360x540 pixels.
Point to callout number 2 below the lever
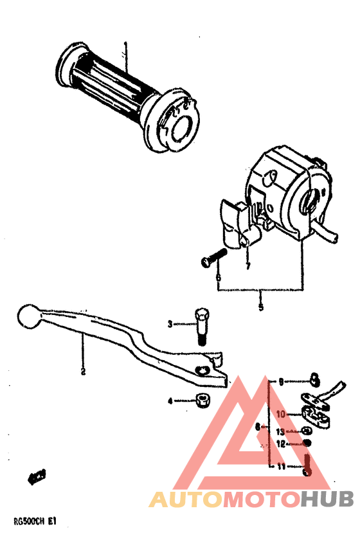tap(83, 371)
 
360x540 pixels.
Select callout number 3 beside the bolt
tap(171, 324)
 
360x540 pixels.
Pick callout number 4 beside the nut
tap(170, 401)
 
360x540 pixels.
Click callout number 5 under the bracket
tap(260, 307)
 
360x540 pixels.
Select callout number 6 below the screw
tap(218, 278)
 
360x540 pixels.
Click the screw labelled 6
tap(213, 259)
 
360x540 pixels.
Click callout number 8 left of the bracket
tap(258, 426)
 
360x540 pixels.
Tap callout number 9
tap(280, 381)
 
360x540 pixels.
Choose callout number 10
tap(281, 415)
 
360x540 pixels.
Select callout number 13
tap(281, 431)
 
